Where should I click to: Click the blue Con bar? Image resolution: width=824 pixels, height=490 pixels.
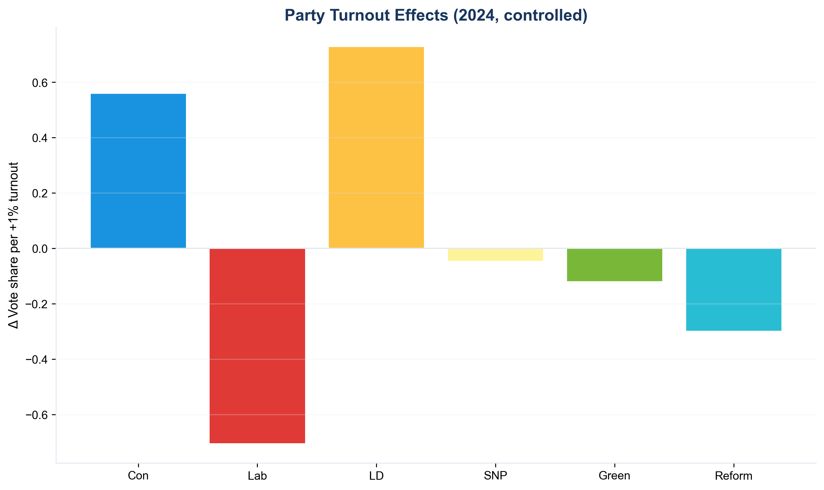(138, 171)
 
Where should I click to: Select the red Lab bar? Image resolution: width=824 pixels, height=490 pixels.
(257, 346)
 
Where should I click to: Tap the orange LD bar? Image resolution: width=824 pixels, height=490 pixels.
(376, 147)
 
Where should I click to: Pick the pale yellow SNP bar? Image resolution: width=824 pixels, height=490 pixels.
(495, 254)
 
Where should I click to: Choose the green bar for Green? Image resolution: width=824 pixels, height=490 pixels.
(614, 265)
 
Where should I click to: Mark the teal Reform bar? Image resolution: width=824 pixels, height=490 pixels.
(734, 290)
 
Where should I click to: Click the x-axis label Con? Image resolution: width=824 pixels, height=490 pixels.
(138, 476)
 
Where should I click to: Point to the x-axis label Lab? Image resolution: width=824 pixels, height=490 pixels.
(257, 476)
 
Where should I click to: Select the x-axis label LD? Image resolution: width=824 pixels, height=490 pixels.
(376, 476)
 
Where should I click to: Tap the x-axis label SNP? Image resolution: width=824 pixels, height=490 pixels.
(495, 476)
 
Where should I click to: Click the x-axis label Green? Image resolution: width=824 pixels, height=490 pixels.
(614, 476)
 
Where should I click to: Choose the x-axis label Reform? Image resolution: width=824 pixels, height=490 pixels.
(734, 476)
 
